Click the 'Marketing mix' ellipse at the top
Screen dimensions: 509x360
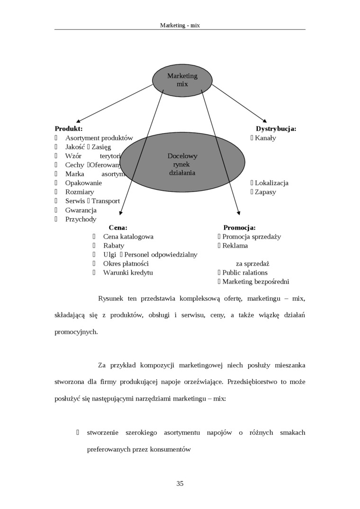[x=182, y=80]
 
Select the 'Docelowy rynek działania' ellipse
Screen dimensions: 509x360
[x=182, y=164]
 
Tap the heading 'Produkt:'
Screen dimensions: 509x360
[x=69, y=129]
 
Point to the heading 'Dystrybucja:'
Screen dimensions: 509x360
[x=276, y=129]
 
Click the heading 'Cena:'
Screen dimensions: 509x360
[x=118, y=228]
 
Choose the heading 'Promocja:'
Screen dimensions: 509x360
[x=239, y=228]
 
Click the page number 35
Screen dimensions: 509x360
[x=180, y=483]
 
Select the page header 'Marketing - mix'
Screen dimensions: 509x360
[x=180, y=25]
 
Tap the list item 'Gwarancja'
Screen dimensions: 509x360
[x=81, y=210]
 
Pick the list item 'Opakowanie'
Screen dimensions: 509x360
[x=83, y=183]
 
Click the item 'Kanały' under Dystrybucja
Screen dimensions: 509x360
[x=265, y=138]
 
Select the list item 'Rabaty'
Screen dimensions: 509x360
[x=114, y=246]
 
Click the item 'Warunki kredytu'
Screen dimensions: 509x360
[x=128, y=273]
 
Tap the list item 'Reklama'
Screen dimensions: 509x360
[x=235, y=246]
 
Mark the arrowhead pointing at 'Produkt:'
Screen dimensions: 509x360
[x=78, y=122]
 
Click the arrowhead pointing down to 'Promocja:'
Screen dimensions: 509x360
[x=239, y=214]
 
